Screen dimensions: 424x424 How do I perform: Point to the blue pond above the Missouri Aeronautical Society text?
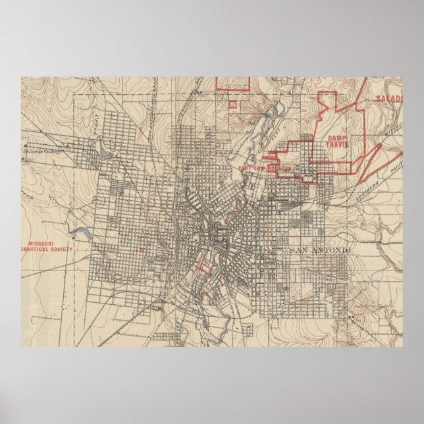pyautogui.click(x=82, y=232)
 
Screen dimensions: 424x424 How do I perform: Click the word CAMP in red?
pyautogui.click(x=336, y=137)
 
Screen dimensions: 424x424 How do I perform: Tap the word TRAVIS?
pyautogui.click(x=336, y=144)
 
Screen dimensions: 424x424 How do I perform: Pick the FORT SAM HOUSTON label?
pyautogui.click(x=265, y=169)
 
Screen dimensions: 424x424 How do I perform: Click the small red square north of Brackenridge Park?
pyautogui.click(x=232, y=103)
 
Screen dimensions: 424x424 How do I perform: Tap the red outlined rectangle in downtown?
pyautogui.click(x=205, y=269)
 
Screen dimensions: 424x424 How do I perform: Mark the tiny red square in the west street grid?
pyautogui.click(x=141, y=250)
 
